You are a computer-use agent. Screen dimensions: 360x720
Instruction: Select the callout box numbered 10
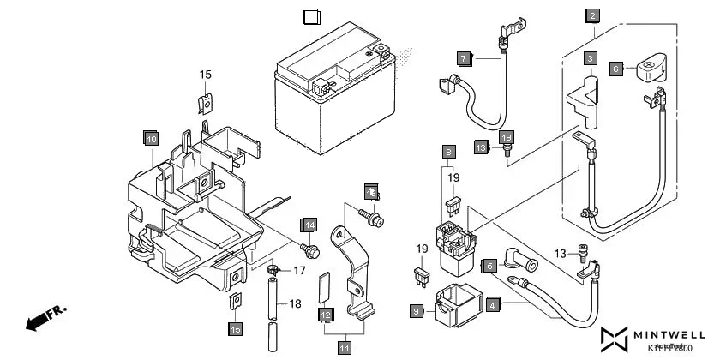(x=151, y=138)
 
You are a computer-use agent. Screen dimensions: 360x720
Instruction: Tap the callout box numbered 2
(x=592, y=15)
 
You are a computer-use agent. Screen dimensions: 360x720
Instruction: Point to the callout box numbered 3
(x=591, y=59)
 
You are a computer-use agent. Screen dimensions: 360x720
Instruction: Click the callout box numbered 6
(x=616, y=68)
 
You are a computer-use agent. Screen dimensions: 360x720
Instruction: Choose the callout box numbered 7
(x=464, y=59)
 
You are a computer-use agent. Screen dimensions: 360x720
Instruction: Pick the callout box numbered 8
(x=448, y=152)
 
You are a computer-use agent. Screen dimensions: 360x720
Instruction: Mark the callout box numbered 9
(x=417, y=312)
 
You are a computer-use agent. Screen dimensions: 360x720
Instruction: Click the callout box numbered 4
(x=493, y=303)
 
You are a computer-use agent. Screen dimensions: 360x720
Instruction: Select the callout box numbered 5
(x=489, y=267)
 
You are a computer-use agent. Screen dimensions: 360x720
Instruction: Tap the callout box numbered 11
(x=344, y=348)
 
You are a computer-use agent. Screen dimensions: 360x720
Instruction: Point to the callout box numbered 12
(x=326, y=315)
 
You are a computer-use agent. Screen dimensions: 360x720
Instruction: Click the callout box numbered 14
(x=309, y=225)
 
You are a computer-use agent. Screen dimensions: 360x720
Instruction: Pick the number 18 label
(x=295, y=304)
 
